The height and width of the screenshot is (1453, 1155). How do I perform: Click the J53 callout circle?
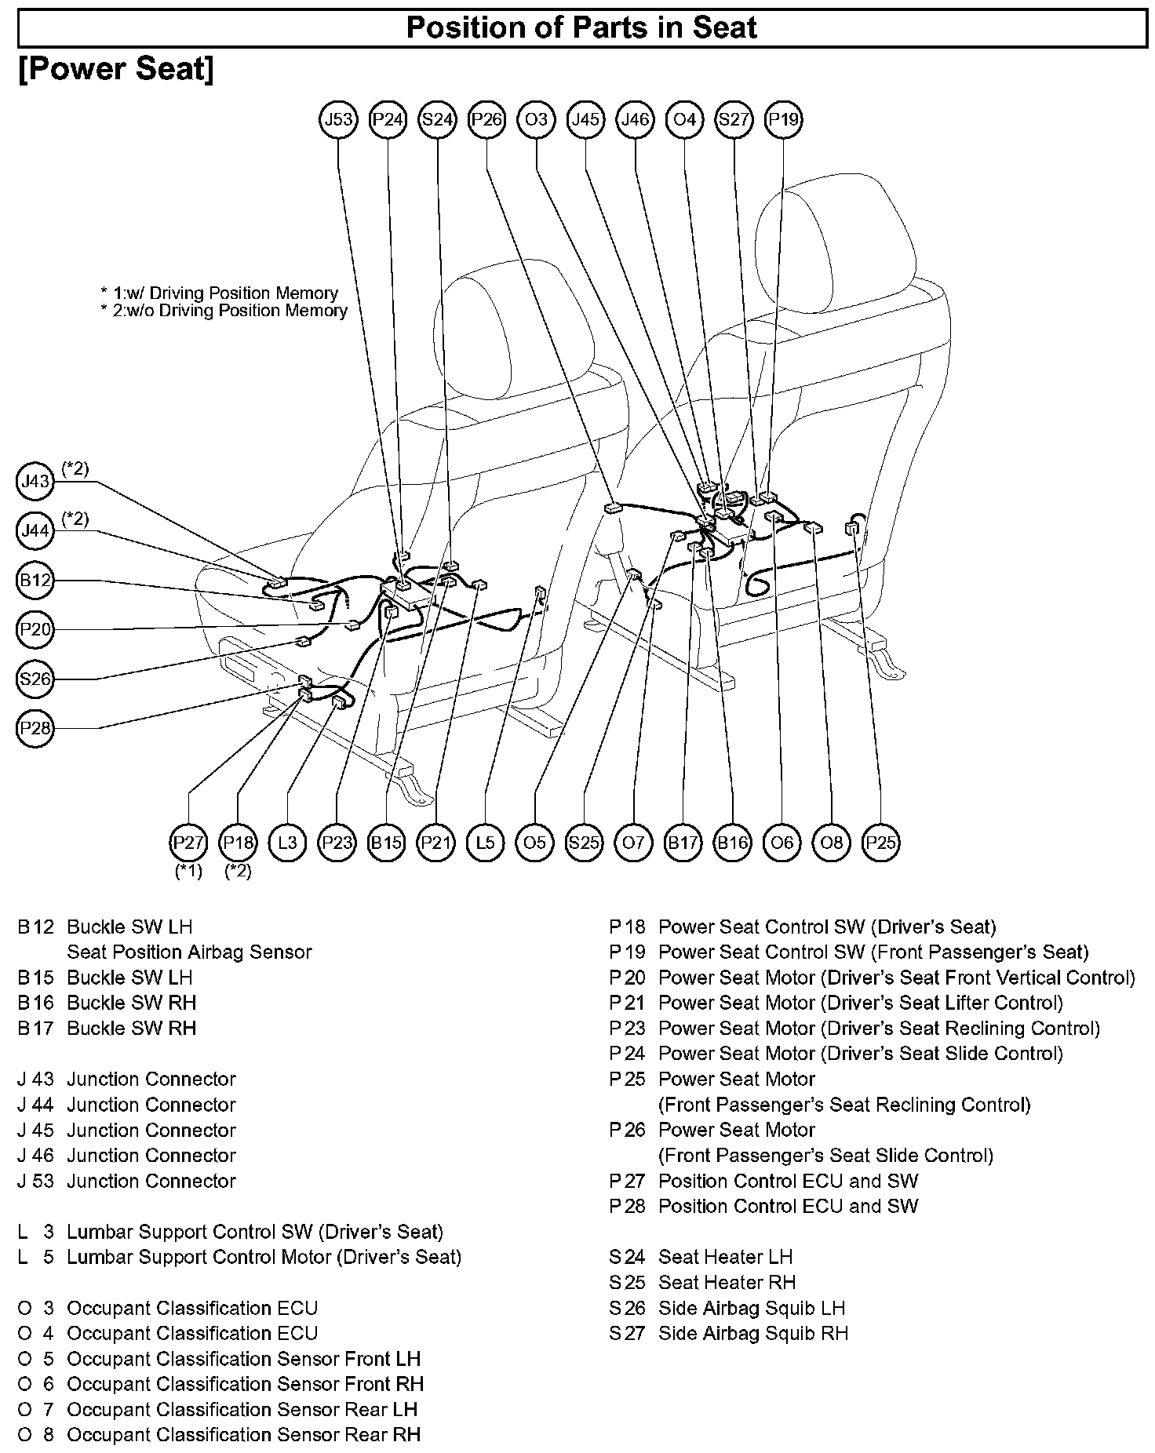pyautogui.click(x=339, y=120)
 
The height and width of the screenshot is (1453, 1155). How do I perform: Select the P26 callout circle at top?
pyautogui.click(x=486, y=120)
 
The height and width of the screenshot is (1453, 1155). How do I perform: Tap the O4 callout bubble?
pyautogui.click(x=684, y=120)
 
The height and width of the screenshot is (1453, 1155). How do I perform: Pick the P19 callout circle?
pyautogui.click(x=783, y=120)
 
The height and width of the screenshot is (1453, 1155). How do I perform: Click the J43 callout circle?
pyautogui.click(x=35, y=481)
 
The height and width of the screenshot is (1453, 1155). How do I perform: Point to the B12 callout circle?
pyautogui.click(x=35, y=581)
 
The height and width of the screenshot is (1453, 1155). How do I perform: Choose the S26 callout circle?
pyautogui.click(x=35, y=679)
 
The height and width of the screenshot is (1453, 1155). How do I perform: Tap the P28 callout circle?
pyautogui.click(x=35, y=728)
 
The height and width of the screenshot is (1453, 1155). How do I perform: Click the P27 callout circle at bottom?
pyautogui.click(x=189, y=843)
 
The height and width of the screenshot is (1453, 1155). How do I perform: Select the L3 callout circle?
pyautogui.click(x=288, y=843)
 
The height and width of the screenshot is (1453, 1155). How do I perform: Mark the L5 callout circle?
pyautogui.click(x=485, y=843)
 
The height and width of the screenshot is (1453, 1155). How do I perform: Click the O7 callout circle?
pyautogui.click(x=633, y=843)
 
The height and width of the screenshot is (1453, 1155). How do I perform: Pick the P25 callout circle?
pyautogui.click(x=880, y=843)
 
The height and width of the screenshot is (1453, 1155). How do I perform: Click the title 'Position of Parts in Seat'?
pyautogui.click(x=581, y=28)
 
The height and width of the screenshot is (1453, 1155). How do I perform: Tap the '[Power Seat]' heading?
pyautogui.click(x=115, y=69)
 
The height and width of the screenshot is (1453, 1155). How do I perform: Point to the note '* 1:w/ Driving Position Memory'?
pyautogui.click(x=219, y=293)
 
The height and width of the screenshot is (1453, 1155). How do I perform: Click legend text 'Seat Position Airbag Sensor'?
pyautogui.click(x=189, y=952)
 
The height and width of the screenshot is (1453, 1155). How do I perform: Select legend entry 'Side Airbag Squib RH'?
pyautogui.click(x=752, y=1333)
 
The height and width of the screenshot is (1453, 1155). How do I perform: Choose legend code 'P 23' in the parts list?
pyautogui.click(x=627, y=1028)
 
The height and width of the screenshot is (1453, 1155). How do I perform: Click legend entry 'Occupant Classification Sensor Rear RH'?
pyautogui.click(x=243, y=1434)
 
